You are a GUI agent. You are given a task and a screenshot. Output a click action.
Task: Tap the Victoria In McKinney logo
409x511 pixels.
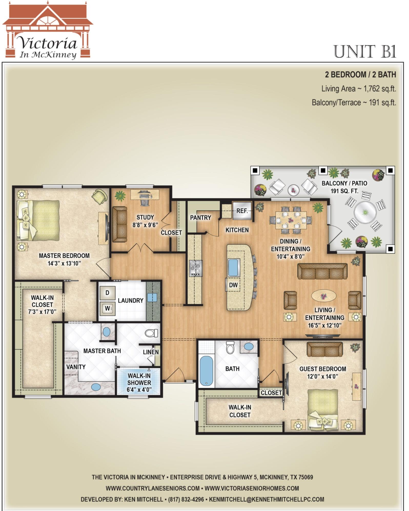tap(48, 31)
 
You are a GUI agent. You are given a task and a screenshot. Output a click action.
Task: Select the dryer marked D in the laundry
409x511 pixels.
tap(107, 293)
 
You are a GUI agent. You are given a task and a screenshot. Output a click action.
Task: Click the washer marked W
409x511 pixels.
tap(107, 309)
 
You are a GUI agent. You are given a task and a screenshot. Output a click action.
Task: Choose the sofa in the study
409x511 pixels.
tap(119, 224)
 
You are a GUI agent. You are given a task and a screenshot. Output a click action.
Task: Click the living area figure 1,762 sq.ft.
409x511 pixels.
tap(378, 89)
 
